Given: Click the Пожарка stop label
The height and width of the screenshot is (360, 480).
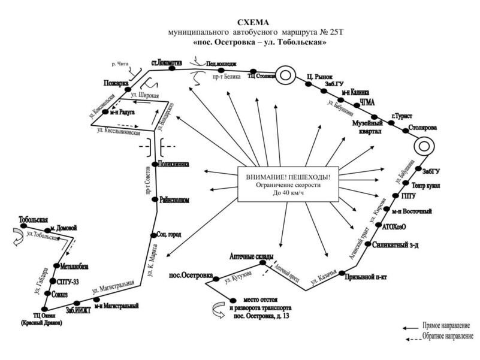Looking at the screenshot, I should (x=116, y=83).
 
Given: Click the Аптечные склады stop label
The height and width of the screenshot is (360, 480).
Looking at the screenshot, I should (x=252, y=257).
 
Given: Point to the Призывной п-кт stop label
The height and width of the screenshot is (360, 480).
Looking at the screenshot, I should (x=369, y=277).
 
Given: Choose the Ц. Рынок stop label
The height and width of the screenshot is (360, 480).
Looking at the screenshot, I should (x=319, y=77).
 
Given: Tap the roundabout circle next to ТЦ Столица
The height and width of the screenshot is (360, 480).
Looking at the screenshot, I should (x=286, y=75).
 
